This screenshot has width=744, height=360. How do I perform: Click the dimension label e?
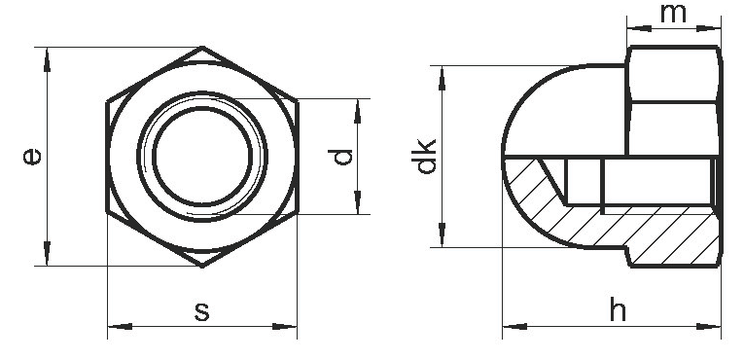pos(32,157)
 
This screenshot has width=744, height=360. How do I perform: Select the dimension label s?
pos(202,312)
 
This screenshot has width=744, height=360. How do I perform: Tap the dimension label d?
pos(341,157)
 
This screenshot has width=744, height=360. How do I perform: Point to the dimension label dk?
pos(424,157)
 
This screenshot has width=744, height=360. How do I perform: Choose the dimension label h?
pos(618,309)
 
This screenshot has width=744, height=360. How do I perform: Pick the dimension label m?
pos(673,14)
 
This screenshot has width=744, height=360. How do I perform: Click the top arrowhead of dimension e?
pos(47,60)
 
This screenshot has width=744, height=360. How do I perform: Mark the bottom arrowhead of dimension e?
pos(47,254)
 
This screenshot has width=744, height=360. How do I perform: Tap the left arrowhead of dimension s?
pos(120,326)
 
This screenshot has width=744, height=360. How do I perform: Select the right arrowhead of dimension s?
pos(285,326)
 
